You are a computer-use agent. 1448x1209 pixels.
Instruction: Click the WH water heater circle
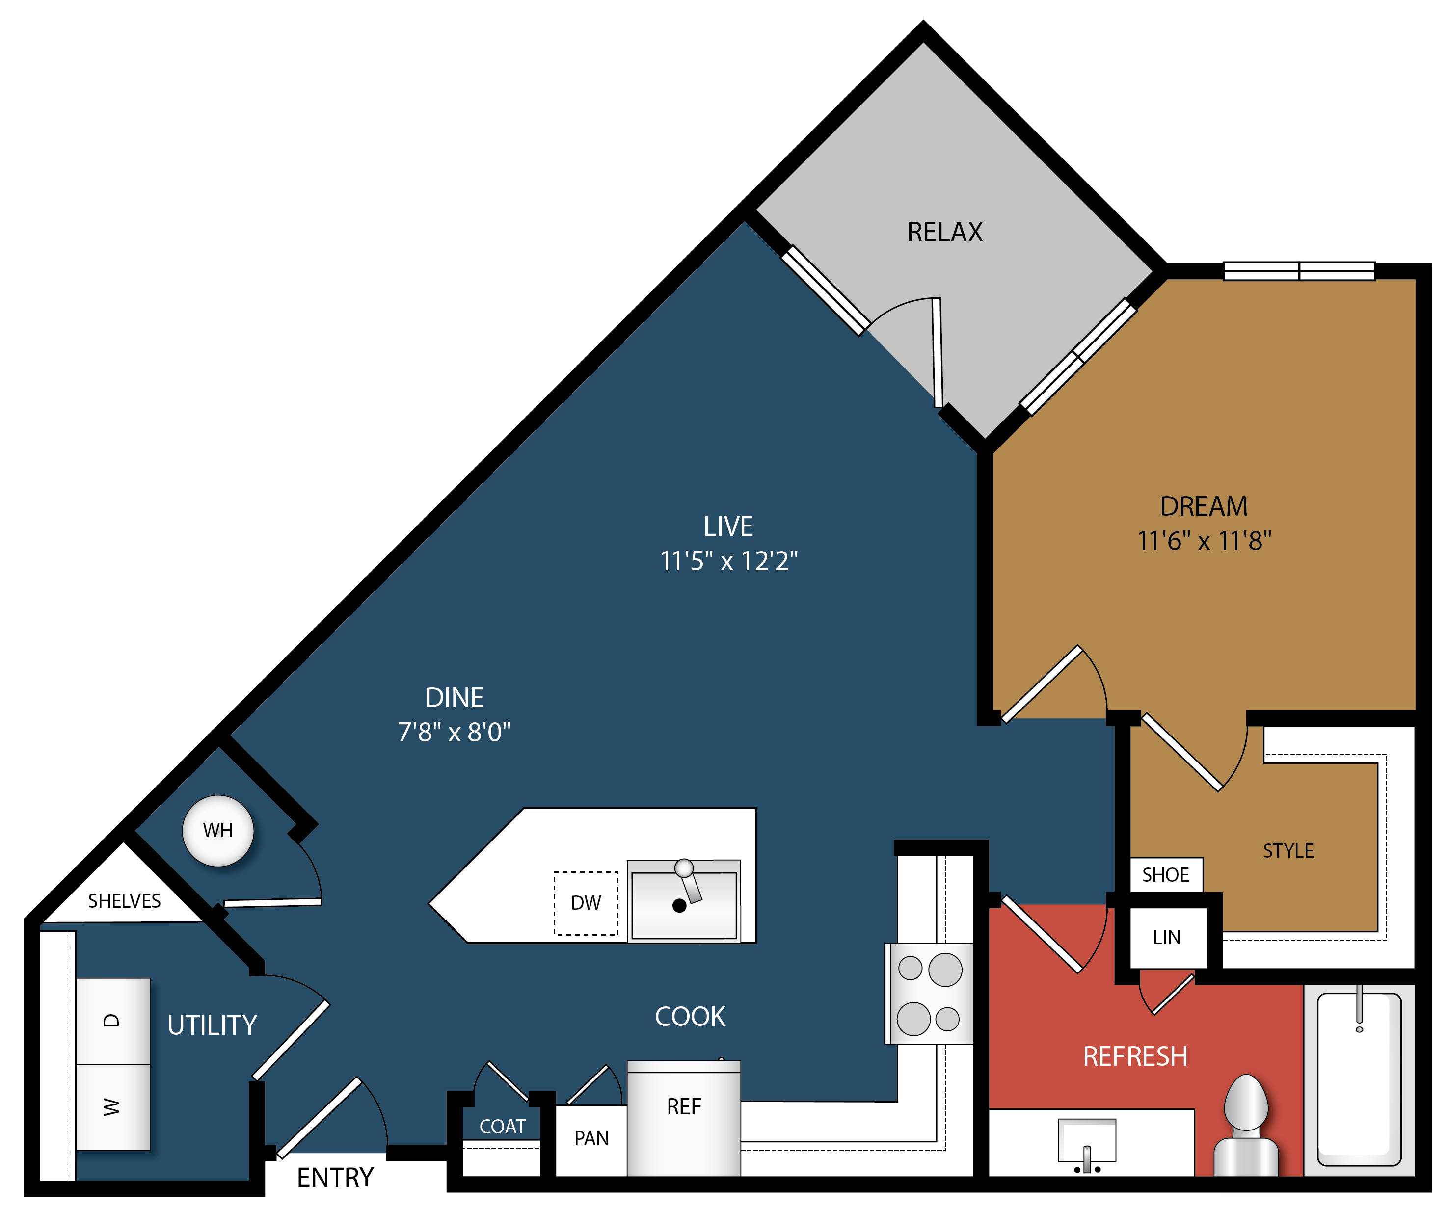[218, 831]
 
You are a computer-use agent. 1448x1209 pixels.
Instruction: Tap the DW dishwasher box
[586, 903]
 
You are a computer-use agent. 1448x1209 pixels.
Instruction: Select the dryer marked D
[112, 1021]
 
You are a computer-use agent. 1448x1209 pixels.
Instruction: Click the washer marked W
[112, 1107]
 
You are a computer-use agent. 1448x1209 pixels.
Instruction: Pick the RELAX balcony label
[945, 232]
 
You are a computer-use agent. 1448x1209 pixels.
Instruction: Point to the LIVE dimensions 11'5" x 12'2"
[729, 561]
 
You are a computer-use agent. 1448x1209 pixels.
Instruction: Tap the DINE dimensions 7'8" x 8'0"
[455, 732]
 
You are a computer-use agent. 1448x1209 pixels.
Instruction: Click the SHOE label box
[1166, 875]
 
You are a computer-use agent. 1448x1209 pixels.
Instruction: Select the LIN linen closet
[1167, 938]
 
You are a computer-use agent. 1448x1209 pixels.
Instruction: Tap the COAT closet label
[502, 1126]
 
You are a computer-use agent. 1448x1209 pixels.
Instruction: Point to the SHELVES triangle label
[124, 901]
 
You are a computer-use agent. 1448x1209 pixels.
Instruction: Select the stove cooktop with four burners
[929, 993]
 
